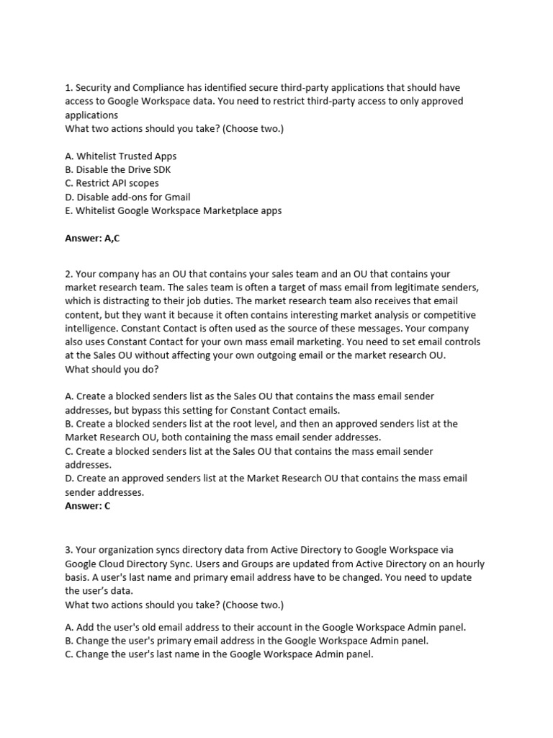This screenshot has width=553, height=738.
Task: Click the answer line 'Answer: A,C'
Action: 92,239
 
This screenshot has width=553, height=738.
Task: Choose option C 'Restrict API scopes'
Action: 112,183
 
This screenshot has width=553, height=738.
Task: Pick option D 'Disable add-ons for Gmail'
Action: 127,197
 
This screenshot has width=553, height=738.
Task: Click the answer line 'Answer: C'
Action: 88,506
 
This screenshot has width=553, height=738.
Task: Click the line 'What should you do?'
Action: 112,369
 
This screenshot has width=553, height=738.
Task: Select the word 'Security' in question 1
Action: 94,88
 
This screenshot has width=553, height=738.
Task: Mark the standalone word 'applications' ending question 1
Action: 91,115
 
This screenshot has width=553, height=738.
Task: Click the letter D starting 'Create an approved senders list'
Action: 68,479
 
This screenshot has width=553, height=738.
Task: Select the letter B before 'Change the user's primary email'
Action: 68,641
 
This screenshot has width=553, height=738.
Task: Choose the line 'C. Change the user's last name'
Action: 219,655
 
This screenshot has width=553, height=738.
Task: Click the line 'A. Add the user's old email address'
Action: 265,627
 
